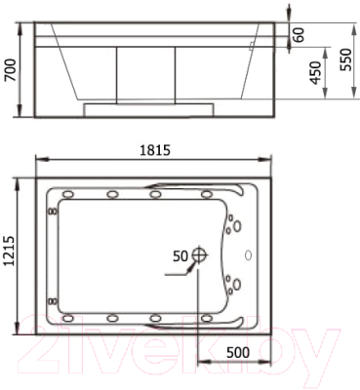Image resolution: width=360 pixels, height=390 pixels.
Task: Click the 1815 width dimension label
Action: (155, 150)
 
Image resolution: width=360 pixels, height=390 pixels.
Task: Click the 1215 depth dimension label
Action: (10, 252)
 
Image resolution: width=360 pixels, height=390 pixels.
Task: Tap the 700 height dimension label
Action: (10, 70)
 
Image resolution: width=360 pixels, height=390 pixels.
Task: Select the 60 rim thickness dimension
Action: (300, 34)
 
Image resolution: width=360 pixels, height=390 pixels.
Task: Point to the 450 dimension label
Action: (315, 72)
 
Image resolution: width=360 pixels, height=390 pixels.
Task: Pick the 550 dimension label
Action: (345, 59)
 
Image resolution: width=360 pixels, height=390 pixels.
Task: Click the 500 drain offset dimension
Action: (238, 352)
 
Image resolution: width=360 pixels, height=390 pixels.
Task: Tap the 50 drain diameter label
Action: (180, 256)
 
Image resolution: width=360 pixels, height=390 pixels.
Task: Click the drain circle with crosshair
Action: (199, 254)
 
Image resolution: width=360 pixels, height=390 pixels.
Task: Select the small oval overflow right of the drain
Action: (248, 255)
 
